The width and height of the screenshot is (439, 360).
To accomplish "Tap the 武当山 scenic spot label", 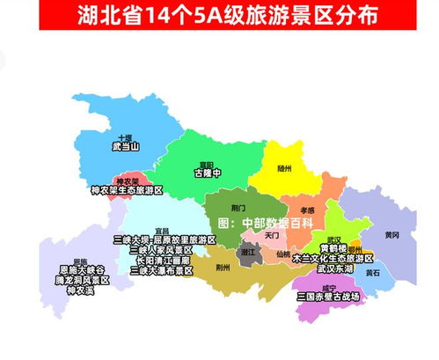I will click(126, 147).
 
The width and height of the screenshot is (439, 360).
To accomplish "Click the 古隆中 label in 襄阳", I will click(209, 174).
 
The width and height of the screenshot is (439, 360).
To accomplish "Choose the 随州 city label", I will click(283, 166).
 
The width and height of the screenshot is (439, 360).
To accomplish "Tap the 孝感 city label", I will click(307, 209).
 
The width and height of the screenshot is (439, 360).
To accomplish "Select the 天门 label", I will click(271, 235).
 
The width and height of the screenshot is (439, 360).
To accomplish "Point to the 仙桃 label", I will click(282, 253).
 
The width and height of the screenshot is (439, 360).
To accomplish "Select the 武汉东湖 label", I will click(338, 268).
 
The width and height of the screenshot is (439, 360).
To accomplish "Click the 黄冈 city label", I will click(391, 235).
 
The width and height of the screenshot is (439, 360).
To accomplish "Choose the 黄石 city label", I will click(372, 273).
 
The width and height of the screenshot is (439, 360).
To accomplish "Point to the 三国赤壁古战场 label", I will click(328, 297).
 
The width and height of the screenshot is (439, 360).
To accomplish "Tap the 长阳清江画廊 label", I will click(164, 261).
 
